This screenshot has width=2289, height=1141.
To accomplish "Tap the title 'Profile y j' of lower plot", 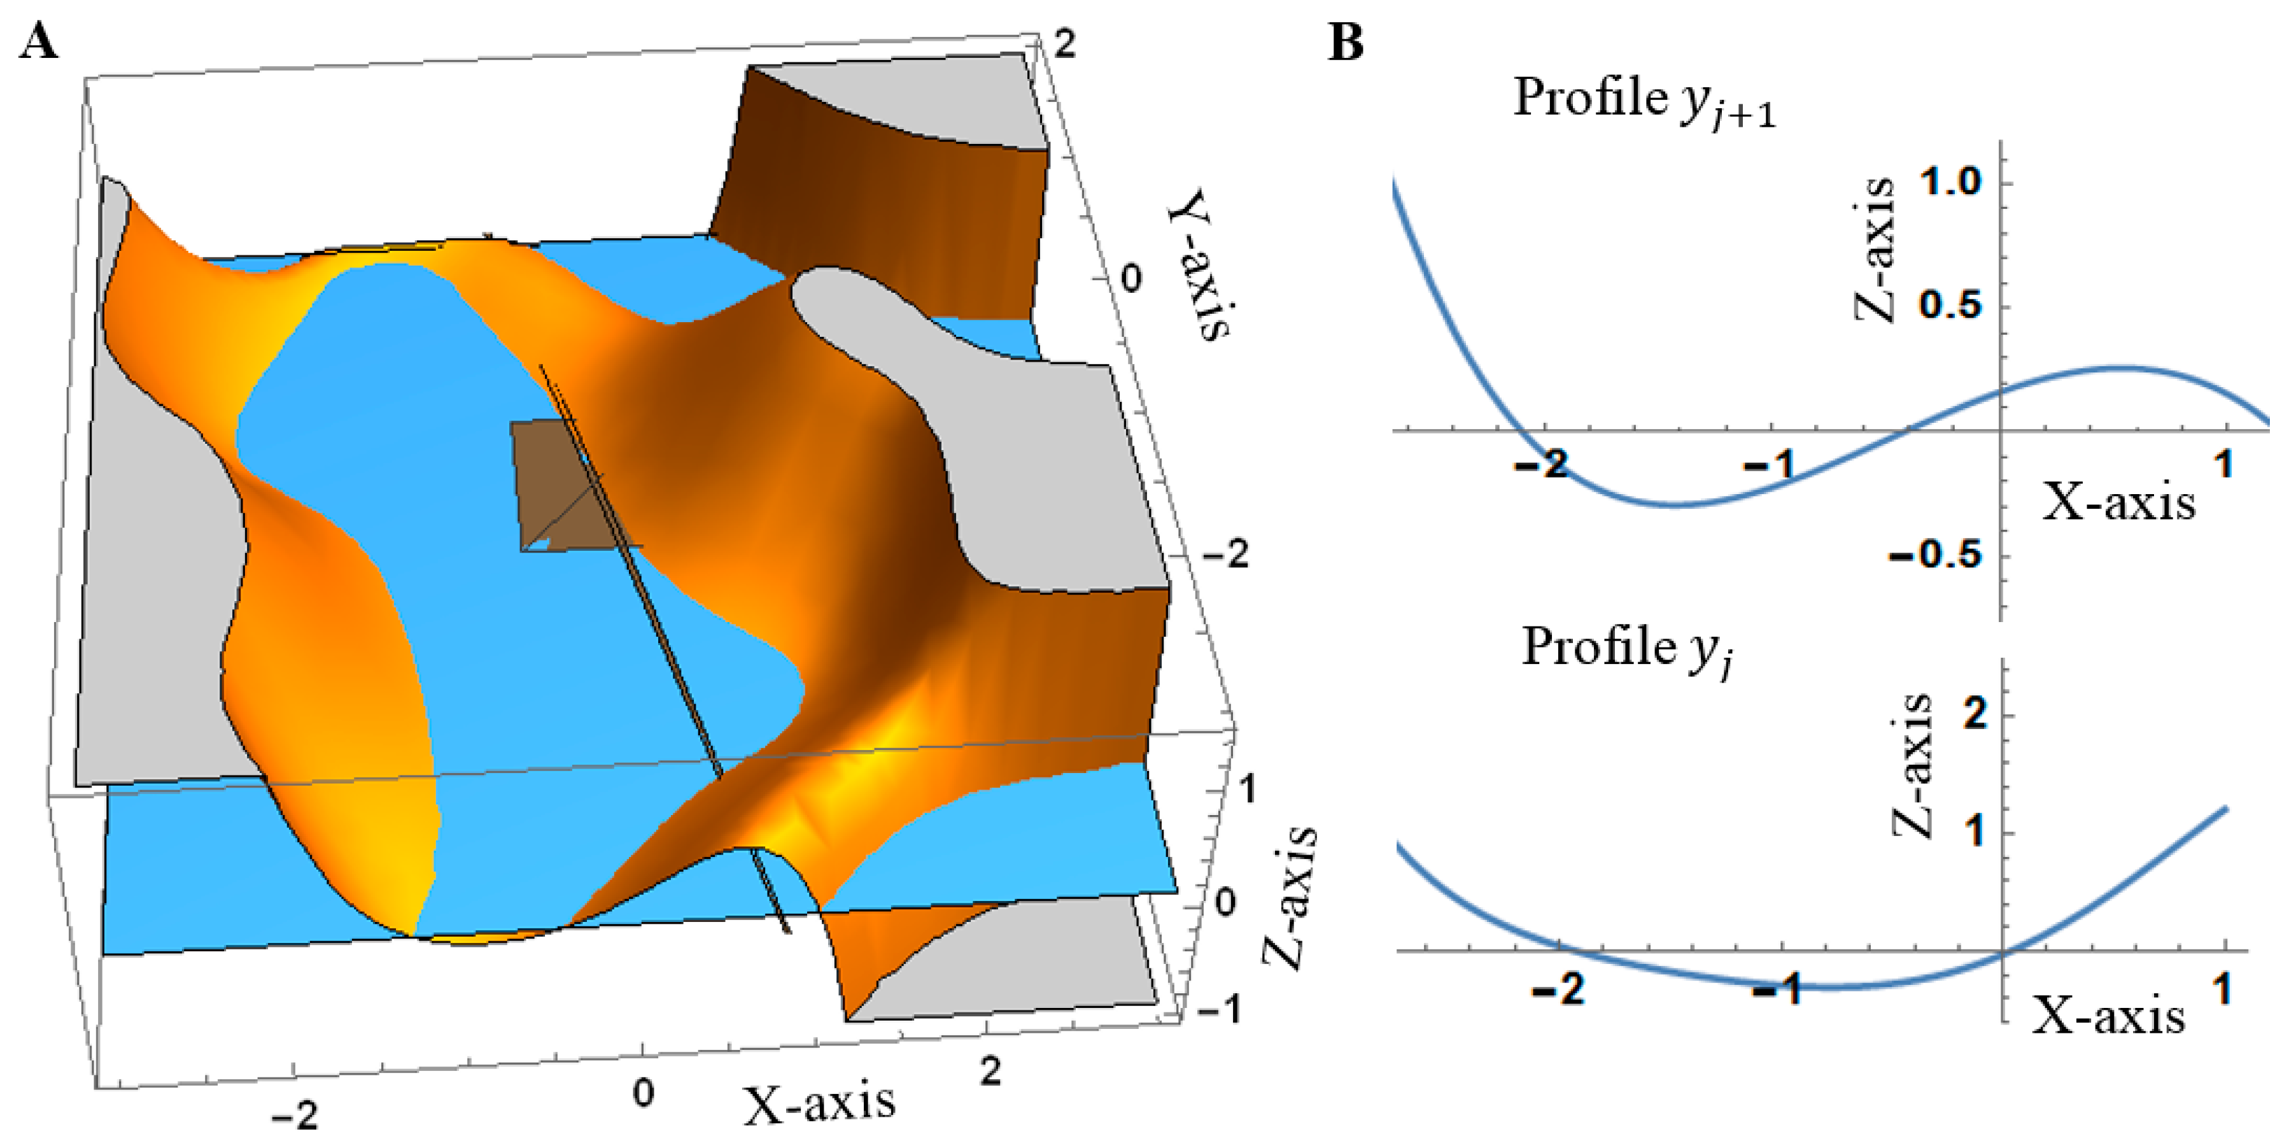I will tap(1627, 649).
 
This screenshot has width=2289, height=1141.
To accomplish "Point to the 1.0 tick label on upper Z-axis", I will tap(1950, 182).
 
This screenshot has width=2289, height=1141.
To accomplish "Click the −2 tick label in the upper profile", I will tap(1542, 464).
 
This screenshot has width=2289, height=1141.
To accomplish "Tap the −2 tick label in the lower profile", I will tap(1559, 988).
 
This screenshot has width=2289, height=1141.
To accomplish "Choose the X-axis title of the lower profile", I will tap(2109, 1015).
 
